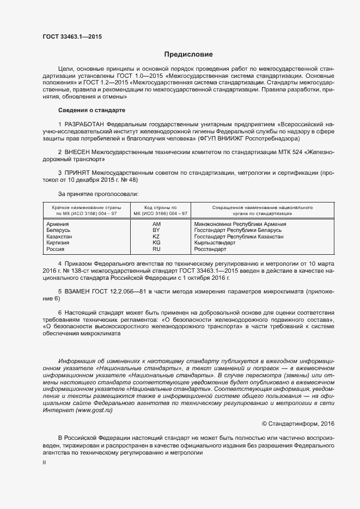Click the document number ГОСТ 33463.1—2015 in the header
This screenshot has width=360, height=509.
[x=72, y=36]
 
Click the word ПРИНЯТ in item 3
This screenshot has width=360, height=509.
[x=77, y=173]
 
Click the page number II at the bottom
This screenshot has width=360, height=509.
[x=45, y=462]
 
